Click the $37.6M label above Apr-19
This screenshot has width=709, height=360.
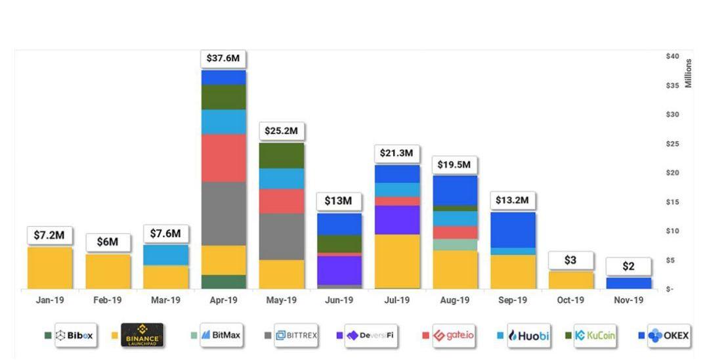point(223,58)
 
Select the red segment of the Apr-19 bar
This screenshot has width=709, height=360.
point(223,158)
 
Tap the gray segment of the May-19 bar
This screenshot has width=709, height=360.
point(281,236)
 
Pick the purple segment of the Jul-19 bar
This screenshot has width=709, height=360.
point(397,220)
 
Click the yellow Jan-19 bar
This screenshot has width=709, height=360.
point(50,267)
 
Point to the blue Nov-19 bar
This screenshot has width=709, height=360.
point(628,283)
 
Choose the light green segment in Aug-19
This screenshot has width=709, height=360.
point(455,244)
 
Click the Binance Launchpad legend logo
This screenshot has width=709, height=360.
point(142,336)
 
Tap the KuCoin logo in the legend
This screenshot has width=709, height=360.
point(595,336)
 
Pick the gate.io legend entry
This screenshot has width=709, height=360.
point(453,336)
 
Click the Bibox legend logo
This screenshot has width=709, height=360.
point(74,336)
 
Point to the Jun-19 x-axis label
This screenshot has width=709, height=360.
point(339,300)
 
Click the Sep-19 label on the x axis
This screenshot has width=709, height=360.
point(513,300)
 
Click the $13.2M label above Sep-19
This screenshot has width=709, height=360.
point(513,200)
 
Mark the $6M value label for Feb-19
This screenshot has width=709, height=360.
point(108,242)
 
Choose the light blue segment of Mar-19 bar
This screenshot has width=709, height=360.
point(165,255)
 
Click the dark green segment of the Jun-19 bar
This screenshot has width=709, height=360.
point(339,244)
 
